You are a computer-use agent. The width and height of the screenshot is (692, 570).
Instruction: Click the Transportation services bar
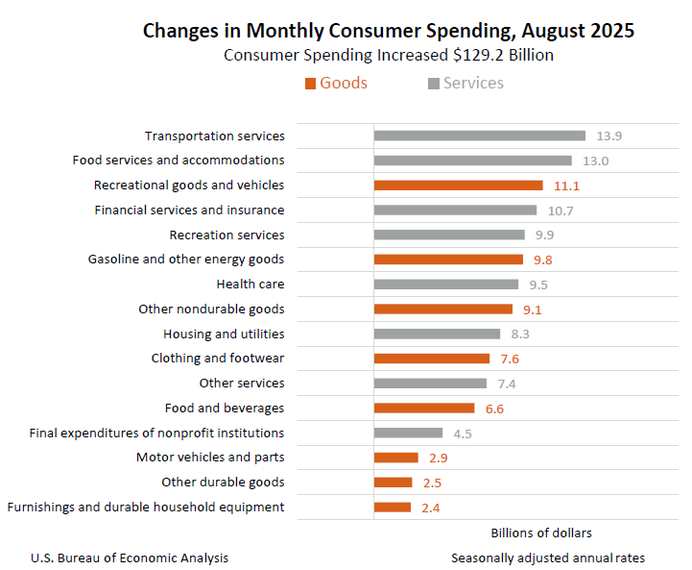[479, 136]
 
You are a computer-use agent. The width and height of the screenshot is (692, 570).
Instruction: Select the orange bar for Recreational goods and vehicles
[458, 186]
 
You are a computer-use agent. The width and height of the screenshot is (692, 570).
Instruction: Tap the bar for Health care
[445, 285]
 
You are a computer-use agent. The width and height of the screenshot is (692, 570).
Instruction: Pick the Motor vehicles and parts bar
[395, 458]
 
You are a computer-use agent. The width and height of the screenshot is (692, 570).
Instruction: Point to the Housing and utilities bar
[437, 334]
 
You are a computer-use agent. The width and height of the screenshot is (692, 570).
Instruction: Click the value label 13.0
[595, 161]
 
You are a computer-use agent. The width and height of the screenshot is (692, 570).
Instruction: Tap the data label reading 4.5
[463, 434]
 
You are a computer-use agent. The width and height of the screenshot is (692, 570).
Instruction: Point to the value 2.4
[431, 508]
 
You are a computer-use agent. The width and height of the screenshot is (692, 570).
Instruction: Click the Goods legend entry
[336, 84]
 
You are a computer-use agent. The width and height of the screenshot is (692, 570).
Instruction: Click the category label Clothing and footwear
[218, 359]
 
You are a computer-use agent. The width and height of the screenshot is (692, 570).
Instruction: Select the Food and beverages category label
[225, 409]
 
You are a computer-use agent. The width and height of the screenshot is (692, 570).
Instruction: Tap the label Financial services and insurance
[189, 210]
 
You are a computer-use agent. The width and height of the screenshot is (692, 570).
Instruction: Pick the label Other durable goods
[223, 483]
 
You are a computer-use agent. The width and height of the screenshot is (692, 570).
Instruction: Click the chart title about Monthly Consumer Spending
[388, 31]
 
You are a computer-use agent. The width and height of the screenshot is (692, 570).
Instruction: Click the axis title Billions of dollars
[541, 533]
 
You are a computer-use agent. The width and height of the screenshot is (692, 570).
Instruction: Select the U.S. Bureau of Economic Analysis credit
[130, 558]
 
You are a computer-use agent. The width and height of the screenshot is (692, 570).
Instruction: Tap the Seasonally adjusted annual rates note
[548, 558]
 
